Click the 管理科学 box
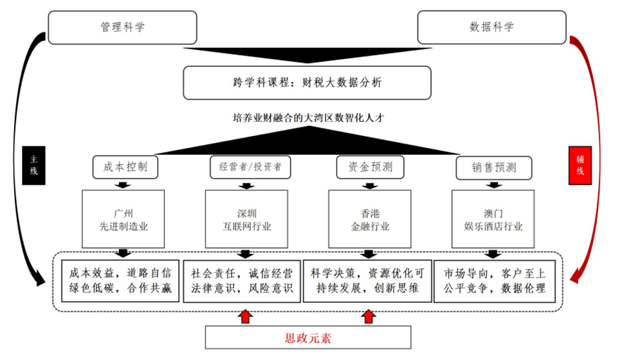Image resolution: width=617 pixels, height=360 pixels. (123, 27)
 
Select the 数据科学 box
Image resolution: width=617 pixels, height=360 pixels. (492, 27)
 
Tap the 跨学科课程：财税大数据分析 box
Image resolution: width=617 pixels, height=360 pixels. (307, 82)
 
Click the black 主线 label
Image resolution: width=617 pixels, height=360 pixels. (34, 166)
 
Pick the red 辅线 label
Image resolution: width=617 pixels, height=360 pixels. (580, 166)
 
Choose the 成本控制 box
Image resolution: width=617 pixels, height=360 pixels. (125, 167)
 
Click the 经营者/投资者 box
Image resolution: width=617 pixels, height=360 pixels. (250, 167)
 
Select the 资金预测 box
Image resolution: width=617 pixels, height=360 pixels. (370, 167)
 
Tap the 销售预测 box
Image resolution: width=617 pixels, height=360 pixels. (494, 168)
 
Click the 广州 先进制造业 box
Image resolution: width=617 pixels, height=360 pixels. (123, 219)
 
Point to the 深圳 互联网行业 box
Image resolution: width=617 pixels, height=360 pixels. (247, 219)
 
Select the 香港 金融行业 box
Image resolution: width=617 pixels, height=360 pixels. (370, 219)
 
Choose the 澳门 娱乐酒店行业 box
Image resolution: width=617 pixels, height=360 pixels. (493, 219)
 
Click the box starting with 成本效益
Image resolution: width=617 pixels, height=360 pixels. (120, 281)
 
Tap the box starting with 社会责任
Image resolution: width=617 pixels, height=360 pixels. (242, 281)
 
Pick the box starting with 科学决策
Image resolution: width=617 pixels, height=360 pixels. (368, 281)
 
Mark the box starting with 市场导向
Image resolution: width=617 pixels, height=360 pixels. (494, 281)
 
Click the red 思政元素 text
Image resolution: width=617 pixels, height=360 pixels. (308, 338)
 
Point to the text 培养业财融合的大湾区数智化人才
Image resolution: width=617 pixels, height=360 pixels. (308, 118)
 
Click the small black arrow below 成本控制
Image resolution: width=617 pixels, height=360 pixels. (123, 185)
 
